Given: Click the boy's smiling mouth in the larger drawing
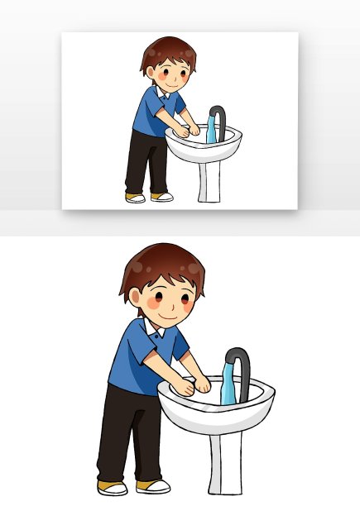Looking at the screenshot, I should coord(169,315).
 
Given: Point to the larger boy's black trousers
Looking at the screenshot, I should coord(124,430).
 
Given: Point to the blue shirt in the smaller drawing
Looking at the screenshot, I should coord(154,116).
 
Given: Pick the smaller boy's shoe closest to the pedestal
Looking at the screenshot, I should coord(162,197).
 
